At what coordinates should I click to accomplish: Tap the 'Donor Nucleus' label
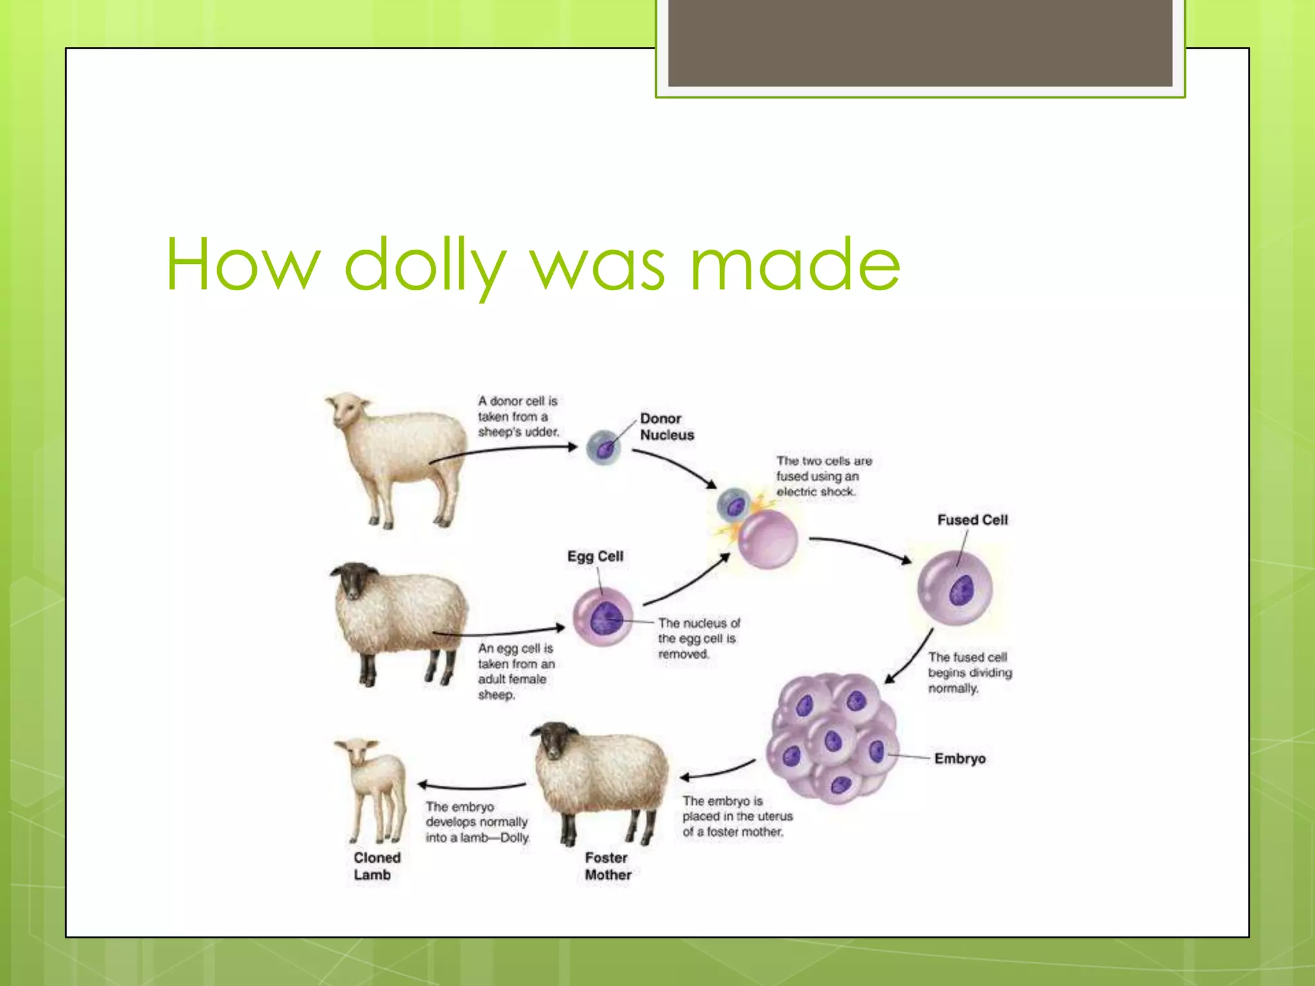tap(666, 426)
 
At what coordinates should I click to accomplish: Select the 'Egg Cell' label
tap(595, 556)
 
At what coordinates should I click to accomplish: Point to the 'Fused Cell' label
tap(972, 519)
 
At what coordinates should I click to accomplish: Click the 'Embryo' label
tap(960, 758)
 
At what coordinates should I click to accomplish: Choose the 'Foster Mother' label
tap(607, 866)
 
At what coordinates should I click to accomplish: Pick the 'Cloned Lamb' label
tap(376, 866)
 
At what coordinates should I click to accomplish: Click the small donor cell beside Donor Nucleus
tap(604, 447)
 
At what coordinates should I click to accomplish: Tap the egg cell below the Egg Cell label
tap(602, 618)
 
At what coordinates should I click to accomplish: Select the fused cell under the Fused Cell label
tap(955, 589)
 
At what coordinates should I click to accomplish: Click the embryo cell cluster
tap(832, 738)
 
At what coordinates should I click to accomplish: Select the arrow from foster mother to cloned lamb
tap(473, 786)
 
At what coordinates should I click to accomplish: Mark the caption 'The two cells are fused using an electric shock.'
tap(823, 476)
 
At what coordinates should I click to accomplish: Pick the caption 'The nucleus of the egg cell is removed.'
tap(699, 638)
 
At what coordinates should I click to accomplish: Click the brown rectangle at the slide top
tap(919, 43)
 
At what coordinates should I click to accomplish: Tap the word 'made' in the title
tap(796, 264)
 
